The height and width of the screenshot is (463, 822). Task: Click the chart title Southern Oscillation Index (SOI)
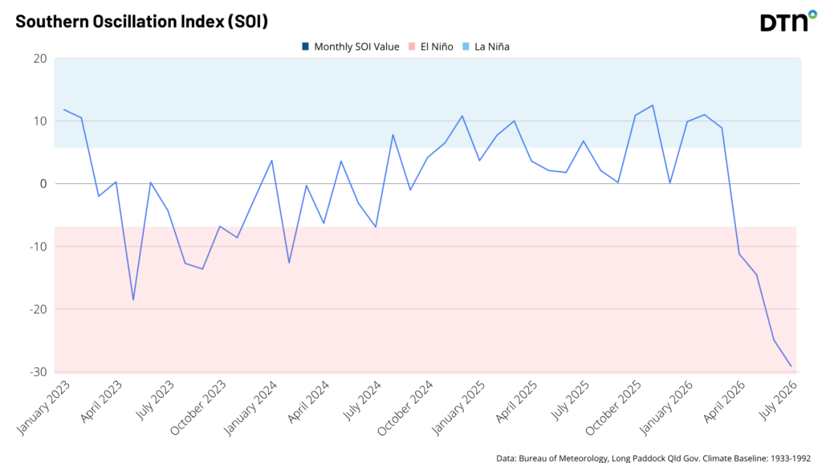tap(141, 22)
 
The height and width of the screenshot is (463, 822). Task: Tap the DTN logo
tap(788, 22)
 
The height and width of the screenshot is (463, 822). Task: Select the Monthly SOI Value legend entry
tap(351, 47)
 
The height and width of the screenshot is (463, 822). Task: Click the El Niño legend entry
tap(431, 47)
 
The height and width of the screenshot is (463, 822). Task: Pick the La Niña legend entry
tap(486, 47)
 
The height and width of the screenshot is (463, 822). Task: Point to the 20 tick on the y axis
tap(40, 59)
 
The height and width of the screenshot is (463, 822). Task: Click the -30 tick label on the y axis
tap(37, 371)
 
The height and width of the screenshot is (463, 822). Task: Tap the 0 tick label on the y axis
tap(43, 184)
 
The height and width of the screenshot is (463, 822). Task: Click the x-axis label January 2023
tap(43, 408)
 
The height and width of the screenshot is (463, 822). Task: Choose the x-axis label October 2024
tap(405, 408)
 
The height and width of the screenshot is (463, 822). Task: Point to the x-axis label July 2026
tap(779, 400)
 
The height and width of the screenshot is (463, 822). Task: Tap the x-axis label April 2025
tap(517, 402)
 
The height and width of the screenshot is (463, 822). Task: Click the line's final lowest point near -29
tap(791, 367)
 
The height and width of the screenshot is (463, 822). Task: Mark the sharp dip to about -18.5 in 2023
tap(133, 301)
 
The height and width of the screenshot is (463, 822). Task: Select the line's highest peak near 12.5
tap(653, 105)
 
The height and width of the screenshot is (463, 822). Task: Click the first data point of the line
tap(64, 109)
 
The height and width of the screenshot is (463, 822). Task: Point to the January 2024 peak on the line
tap(271, 161)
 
